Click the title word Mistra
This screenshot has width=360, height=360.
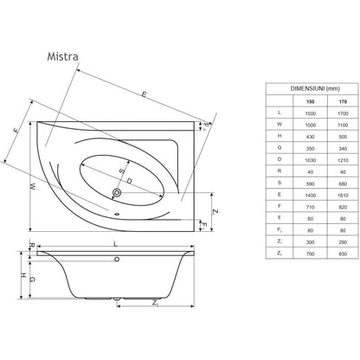point(62,56)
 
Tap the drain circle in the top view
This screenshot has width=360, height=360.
point(117,192)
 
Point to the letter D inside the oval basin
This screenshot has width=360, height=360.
point(129,181)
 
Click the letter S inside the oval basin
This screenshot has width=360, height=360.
point(122,170)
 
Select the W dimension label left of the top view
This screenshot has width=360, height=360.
point(33,187)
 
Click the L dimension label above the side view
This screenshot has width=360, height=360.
point(116,244)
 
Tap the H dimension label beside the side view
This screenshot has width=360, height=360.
point(23,275)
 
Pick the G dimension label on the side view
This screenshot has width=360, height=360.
point(33,280)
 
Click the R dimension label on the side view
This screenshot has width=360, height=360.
point(32,246)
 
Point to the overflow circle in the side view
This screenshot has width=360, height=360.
point(117,260)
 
